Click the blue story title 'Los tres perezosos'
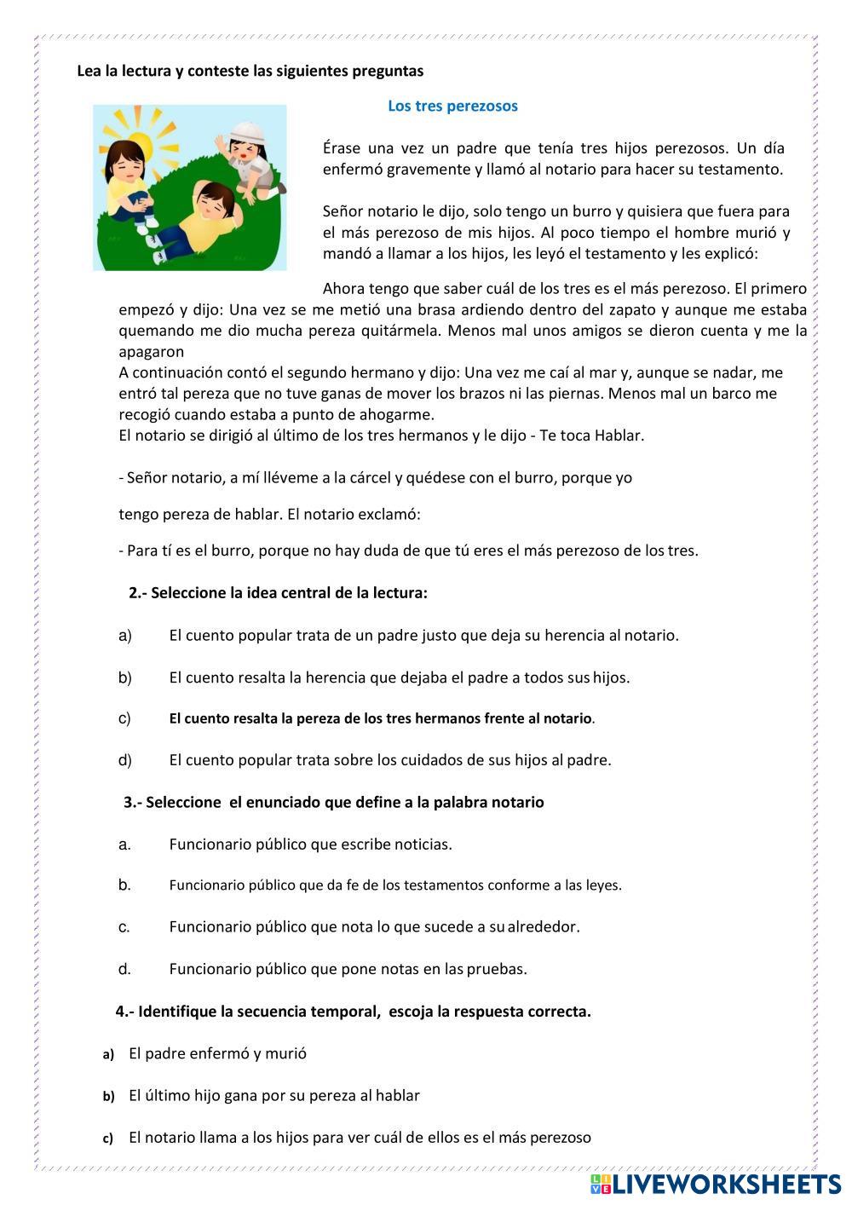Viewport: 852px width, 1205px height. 452,107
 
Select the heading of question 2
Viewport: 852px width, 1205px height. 278,593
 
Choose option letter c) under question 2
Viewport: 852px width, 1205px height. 124,718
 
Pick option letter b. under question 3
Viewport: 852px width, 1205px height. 124,885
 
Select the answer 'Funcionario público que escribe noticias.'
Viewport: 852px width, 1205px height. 310,845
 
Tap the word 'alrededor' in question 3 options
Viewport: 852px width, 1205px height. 544,926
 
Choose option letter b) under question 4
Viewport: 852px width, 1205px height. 108,1096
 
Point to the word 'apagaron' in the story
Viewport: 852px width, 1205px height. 151,351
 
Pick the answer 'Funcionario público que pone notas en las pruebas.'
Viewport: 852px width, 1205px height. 348,969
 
